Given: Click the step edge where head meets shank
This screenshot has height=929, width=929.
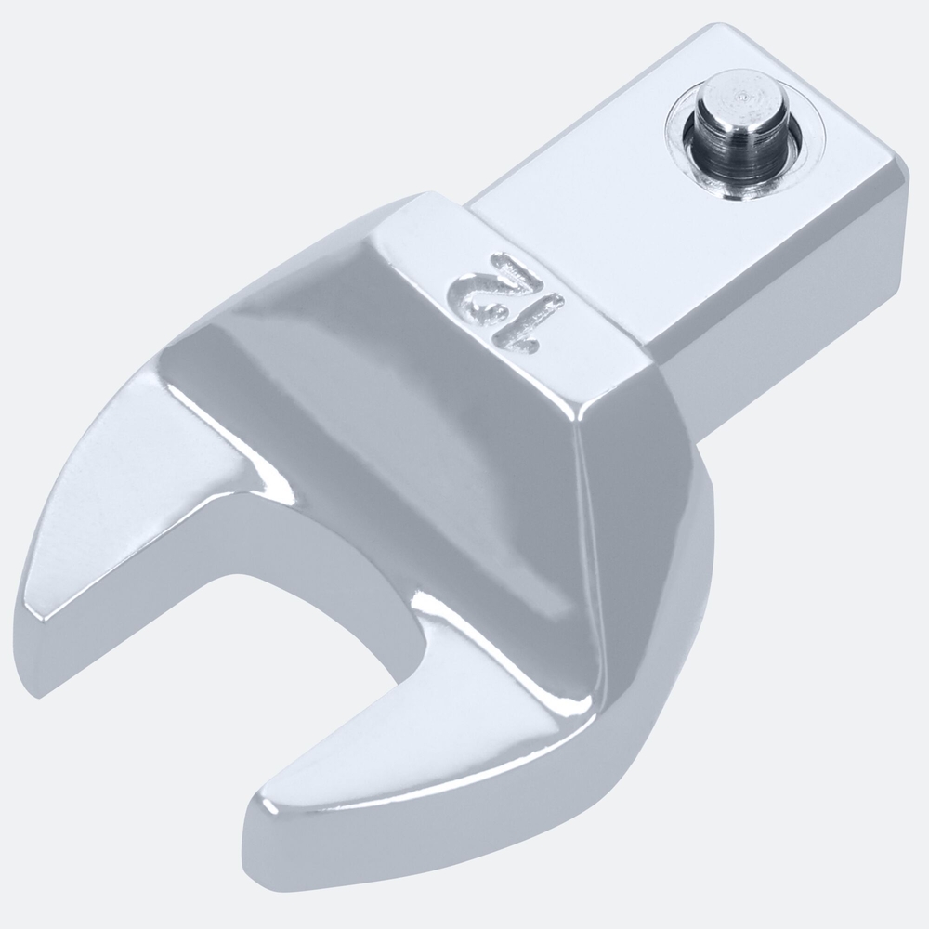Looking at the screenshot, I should (557, 269).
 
